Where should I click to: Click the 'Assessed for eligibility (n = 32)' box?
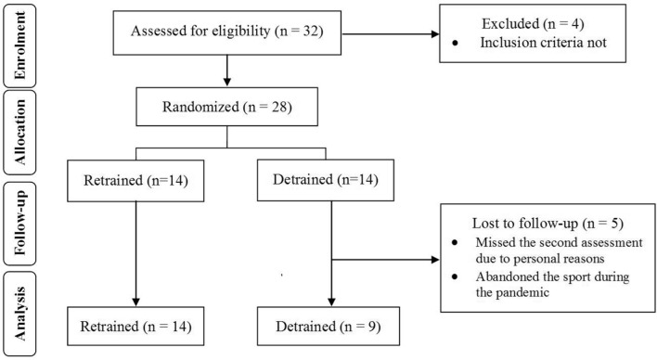coord(227,36)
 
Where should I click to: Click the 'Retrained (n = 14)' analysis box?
coord(135,328)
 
